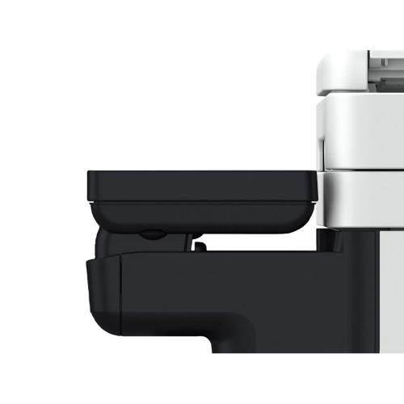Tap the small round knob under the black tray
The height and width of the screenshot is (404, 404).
pyautogui.click(x=150, y=234)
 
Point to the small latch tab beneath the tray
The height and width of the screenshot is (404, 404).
pyautogui.click(x=197, y=240)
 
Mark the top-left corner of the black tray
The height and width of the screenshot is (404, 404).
pyautogui.click(x=90, y=173)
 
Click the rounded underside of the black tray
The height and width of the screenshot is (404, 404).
pyautogui.click(x=202, y=217)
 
